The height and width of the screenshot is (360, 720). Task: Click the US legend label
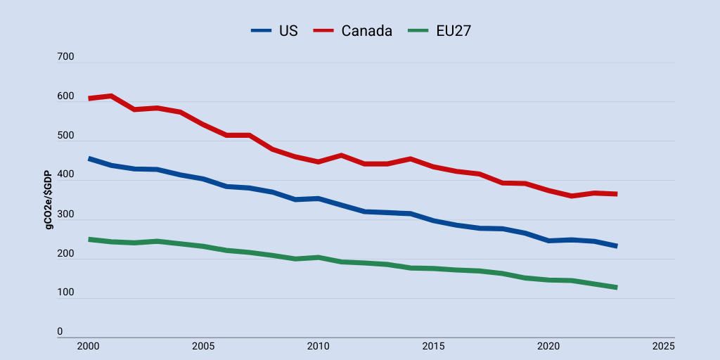pyautogui.click(x=288, y=30)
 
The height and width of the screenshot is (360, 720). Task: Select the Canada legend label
pyautogui.click(x=366, y=30)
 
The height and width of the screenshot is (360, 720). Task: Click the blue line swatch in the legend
pyautogui.click(x=261, y=30)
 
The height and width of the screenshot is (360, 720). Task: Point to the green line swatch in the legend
pyautogui.click(x=418, y=30)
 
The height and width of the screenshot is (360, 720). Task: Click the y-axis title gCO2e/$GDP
pyautogui.click(x=49, y=200)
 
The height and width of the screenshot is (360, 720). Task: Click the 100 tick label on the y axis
pyautogui.click(x=65, y=292)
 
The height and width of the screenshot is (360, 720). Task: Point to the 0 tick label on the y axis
pyautogui.click(x=60, y=331)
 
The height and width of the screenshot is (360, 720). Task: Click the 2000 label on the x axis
pyautogui.click(x=88, y=346)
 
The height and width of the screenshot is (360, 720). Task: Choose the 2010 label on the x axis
pyautogui.click(x=318, y=346)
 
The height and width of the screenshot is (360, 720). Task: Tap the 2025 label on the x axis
pyautogui.click(x=663, y=346)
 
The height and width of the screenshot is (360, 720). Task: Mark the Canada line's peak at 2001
pyautogui.click(x=111, y=96)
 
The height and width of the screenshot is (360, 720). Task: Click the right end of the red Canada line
pyautogui.click(x=617, y=194)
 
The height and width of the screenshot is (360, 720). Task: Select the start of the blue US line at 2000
pyautogui.click(x=89, y=159)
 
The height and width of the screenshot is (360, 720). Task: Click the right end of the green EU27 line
pyautogui.click(x=617, y=288)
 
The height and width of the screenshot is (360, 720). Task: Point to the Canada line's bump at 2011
pyautogui.click(x=341, y=155)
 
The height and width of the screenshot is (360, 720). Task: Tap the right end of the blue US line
pyautogui.click(x=617, y=246)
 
